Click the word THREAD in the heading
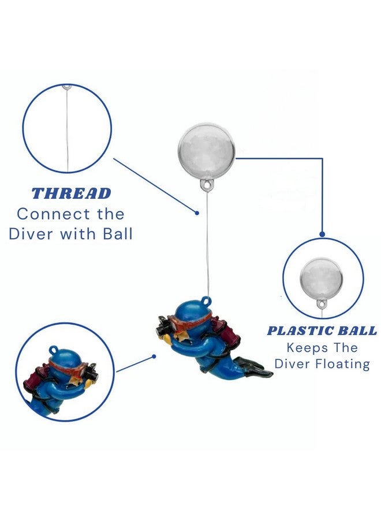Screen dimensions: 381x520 (71, 194)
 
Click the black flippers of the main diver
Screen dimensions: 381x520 (254, 368)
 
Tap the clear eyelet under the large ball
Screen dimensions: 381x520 (207, 185)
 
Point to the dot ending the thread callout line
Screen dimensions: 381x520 (197, 213)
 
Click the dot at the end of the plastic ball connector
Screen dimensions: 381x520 (322, 234)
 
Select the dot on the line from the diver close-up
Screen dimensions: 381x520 (154, 356)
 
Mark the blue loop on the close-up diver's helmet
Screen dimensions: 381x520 (53, 350)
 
